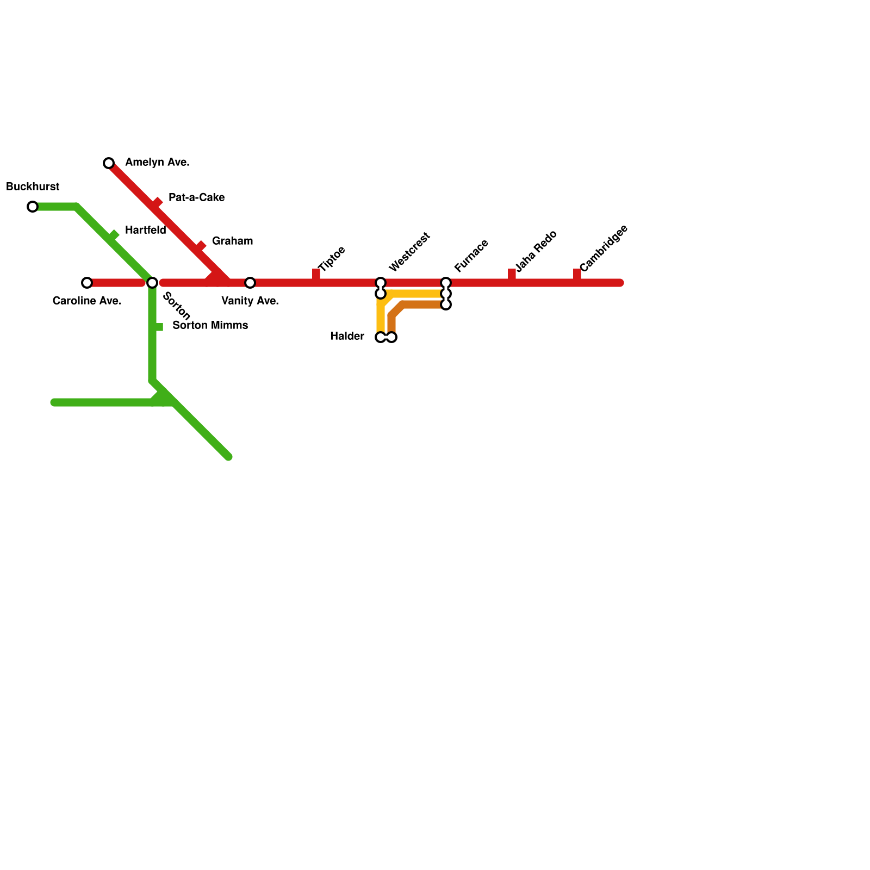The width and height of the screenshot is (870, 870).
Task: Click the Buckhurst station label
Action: tap(33, 187)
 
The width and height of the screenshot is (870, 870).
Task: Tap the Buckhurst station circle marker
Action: tap(33, 207)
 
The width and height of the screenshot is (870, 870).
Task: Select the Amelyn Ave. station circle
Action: tap(109, 163)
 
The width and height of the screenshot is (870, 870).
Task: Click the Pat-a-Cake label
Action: tap(196, 197)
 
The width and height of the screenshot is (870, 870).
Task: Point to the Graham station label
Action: tap(232, 241)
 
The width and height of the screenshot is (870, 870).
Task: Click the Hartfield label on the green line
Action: tap(145, 230)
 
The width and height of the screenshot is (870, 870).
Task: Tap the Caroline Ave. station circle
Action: tap(87, 283)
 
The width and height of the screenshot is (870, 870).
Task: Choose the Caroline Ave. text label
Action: tap(87, 301)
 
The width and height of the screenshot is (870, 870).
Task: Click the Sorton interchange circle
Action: tap(152, 283)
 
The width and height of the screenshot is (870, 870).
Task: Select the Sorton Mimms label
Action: tap(210, 326)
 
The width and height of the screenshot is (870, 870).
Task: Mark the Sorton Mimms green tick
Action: tap(158, 327)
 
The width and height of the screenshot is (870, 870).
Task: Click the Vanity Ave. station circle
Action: tap(250, 283)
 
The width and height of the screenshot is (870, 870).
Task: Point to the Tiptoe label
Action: tap(332, 259)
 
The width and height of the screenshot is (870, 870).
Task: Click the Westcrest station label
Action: tap(410, 252)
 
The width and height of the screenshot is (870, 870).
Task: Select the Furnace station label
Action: tap(471, 256)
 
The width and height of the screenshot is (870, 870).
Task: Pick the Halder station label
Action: tap(347, 337)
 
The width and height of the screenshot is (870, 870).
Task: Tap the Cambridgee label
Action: tap(604, 248)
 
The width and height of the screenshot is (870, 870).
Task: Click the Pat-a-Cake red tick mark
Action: tap(157, 202)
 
